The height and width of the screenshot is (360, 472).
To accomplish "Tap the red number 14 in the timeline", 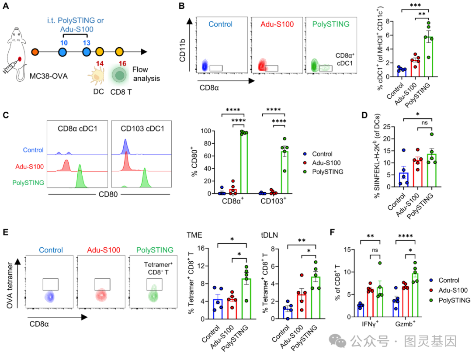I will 99,64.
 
